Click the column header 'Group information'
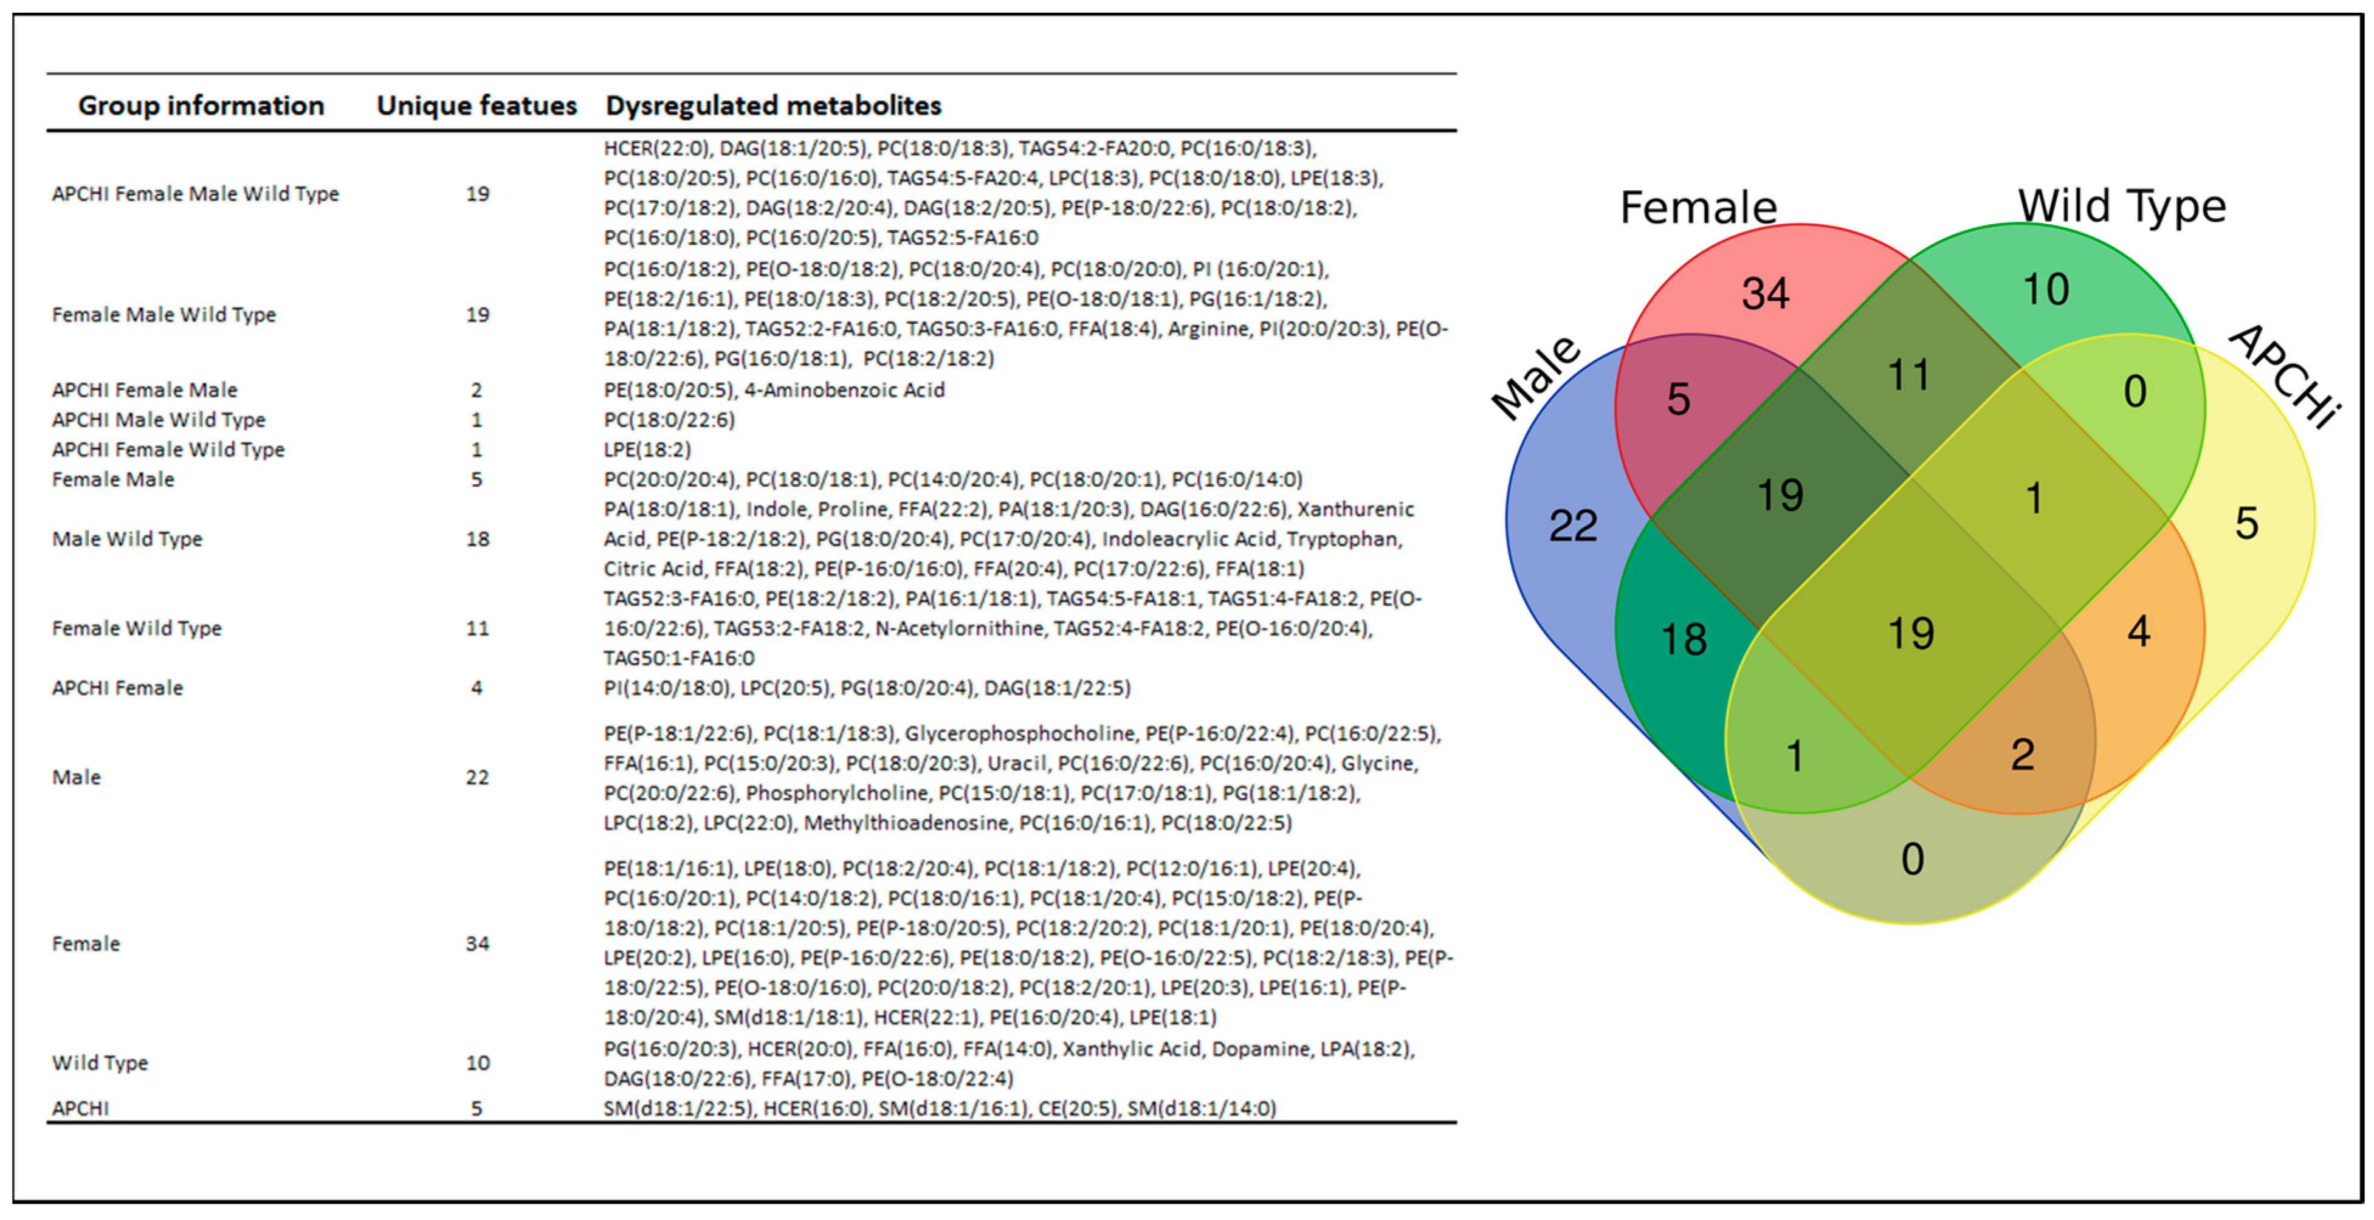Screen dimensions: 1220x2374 [x=201, y=106]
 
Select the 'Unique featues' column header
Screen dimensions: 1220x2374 [x=477, y=106]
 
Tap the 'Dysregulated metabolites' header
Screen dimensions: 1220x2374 [x=773, y=106]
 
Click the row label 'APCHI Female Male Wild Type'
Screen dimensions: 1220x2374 [x=195, y=193]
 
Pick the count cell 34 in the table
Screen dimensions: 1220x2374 [x=477, y=944]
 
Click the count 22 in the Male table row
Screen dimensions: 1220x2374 [x=477, y=778]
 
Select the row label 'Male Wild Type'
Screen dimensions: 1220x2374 [x=127, y=539]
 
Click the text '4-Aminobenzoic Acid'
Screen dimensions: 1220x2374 [x=844, y=390]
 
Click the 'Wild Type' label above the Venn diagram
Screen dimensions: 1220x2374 [x=2122, y=205]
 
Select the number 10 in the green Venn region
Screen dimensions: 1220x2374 [x=2046, y=289]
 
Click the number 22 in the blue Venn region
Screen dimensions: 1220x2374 [x=1572, y=525]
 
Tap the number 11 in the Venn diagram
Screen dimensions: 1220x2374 [x=1908, y=375]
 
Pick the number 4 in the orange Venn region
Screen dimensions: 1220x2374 [x=2138, y=631]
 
